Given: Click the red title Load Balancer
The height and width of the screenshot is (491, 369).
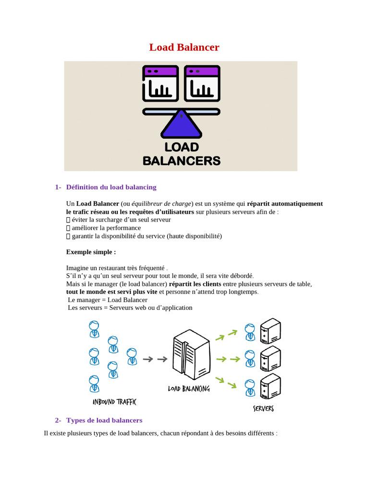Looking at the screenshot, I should [x=184, y=47].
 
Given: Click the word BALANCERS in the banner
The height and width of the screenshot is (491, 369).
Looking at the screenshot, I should [x=182, y=160].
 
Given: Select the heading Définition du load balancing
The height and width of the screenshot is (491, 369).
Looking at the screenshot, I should [x=111, y=187].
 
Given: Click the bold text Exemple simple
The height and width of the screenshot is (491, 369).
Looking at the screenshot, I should [x=91, y=252].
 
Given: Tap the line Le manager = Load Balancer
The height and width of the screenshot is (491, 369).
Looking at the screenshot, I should [x=108, y=300].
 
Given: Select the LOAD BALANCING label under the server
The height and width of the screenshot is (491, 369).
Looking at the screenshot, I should [x=189, y=388].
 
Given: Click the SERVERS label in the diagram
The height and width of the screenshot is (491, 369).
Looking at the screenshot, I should [x=263, y=409].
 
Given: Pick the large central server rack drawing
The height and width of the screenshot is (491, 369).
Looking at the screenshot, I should [x=191, y=355].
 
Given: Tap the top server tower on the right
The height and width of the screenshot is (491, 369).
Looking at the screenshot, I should [x=270, y=331].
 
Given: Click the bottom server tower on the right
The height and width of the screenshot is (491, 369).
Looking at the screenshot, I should [x=270, y=386].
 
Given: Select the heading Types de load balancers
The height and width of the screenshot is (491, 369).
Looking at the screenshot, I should [x=104, y=420].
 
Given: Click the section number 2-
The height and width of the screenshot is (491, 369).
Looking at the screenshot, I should [x=58, y=420].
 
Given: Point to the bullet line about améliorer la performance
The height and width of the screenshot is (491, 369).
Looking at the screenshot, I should [x=106, y=228].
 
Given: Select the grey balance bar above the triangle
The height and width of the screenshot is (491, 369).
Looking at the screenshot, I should [x=181, y=112].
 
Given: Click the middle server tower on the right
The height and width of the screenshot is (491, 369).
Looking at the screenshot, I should [x=270, y=359].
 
